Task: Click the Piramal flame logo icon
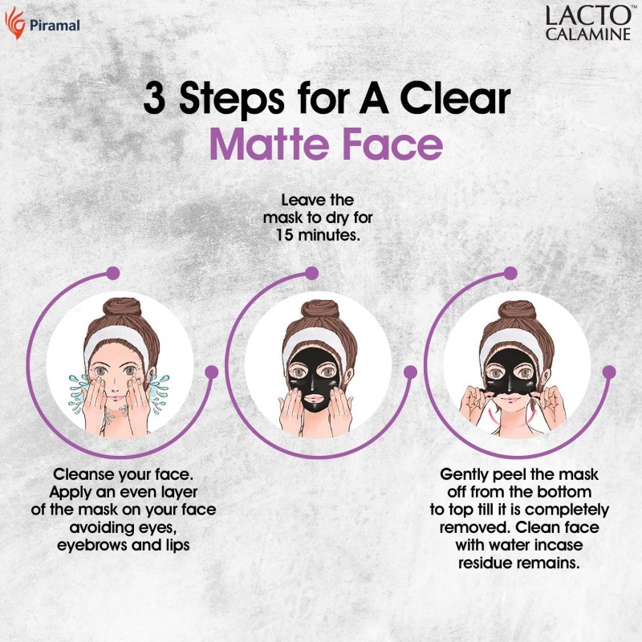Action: coord(15,23)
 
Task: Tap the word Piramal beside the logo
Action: coord(55,26)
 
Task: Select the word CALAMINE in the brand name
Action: coord(588,34)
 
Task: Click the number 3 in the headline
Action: coord(154,99)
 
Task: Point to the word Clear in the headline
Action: coord(455,99)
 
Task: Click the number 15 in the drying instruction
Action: coord(285,235)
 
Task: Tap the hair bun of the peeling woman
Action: coord(517,310)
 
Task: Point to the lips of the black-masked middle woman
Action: coord(314,398)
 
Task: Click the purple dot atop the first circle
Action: coord(112,273)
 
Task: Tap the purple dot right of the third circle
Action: coord(609,372)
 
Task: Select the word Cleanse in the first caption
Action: coord(84,474)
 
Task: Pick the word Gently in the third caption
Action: coord(465,475)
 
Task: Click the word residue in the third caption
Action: coord(486,563)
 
